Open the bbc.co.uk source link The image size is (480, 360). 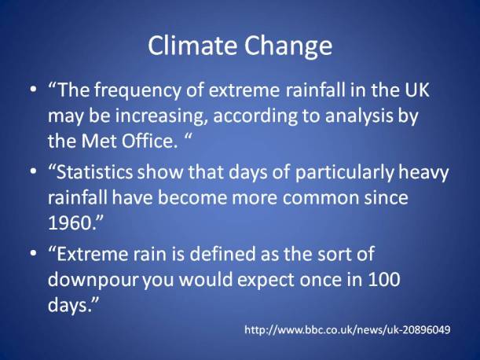[347, 329]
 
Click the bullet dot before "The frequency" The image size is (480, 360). [32, 91]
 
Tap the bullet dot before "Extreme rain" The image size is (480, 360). [32, 255]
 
